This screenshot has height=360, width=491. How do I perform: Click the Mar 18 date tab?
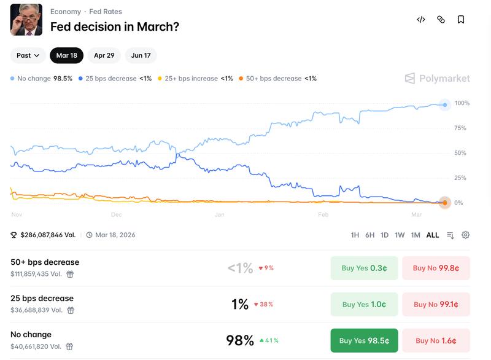click(x=66, y=55)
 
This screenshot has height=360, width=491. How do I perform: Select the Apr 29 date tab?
click(x=104, y=55)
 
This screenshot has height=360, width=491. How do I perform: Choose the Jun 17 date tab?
click(x=141, y=55)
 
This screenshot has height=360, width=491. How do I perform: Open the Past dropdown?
click(x=28, y=55)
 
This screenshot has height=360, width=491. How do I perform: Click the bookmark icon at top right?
click(x=460, y=20)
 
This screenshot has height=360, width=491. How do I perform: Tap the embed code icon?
click(x=421, y=20)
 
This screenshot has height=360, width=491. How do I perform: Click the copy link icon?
click(x=441, y=20)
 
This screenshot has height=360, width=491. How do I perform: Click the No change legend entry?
click(x=41, y=79)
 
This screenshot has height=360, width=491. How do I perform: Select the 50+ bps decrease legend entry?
click(x=277, y=79)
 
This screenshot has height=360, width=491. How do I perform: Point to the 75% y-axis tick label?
click(x=460, y=128)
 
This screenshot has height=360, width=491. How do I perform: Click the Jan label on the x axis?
click(x=220, y=215)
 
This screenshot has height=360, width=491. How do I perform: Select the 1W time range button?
click(x=400, y=235)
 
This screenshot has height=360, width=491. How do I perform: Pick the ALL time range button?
click(x=433, y=235)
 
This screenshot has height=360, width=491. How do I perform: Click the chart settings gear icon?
click(x=465, y=235)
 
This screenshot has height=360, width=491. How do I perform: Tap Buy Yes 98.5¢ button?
click(x=364, y=340)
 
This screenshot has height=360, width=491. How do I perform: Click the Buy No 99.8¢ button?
click(x=436, y=268)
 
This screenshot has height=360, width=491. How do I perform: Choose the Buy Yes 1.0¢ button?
click(x=364, y=304)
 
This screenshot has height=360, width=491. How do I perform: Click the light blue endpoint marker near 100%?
click(x=445, y=105)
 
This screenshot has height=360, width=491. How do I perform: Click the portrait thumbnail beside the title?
click(x=26, y=20)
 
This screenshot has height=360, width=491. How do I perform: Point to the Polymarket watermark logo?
click(x=438, y=79)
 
